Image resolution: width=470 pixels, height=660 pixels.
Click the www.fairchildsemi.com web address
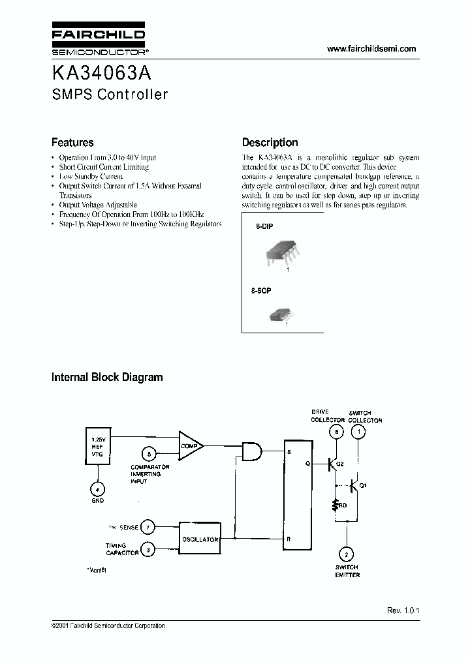[371, 49]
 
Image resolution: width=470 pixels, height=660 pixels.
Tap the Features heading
[72, 142]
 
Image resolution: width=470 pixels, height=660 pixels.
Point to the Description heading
[270, 142]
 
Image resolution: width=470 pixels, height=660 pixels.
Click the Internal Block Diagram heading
[107, 377]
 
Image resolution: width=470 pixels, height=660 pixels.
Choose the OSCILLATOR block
[200, 539]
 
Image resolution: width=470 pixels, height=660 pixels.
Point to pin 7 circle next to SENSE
[149, 526]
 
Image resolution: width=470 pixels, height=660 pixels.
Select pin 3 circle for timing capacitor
[149, 550]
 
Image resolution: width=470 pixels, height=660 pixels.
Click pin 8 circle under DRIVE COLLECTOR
[336, 432]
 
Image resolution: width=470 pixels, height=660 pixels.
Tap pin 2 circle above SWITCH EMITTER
[347, 554]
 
